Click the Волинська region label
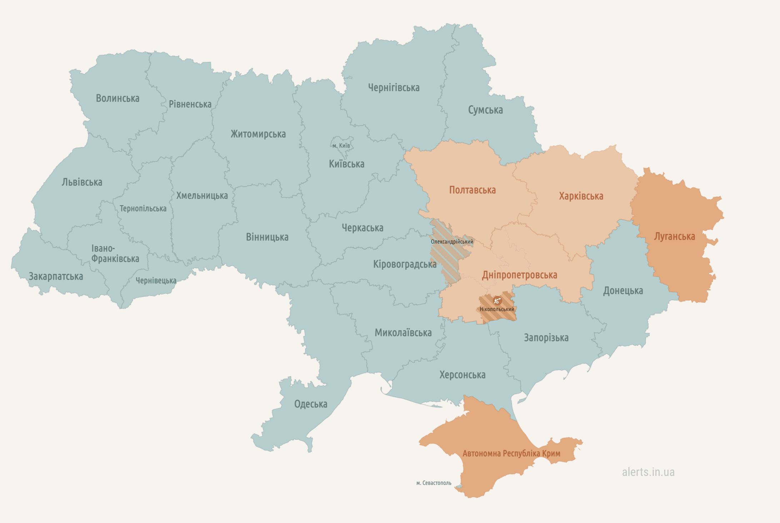tap(117, 98)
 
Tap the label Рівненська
tap(190, 104)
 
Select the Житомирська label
tap(258, 134)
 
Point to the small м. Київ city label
tap(341, 146)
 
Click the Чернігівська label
tap(394, 88)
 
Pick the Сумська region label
tap(485, 110)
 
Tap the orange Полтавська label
tap(472, 190)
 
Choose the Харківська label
tap(581, 196)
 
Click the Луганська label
tap(674, 237)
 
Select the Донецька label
tap(623, 291)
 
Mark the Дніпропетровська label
tap(519, 275)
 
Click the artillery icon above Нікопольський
tap(497, 300)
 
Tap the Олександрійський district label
tap(452, 242)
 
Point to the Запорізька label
tap(546, 337)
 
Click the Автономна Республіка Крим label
tap(511, 453)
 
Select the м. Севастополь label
tap(434, 483)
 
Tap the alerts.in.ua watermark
tap(648, 472)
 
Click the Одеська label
tap(310, 404)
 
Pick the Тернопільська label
tap(143, 209)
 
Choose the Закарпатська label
tap(56, 276)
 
